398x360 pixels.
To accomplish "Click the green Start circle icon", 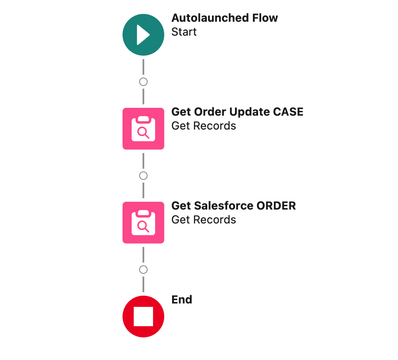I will [143, 35].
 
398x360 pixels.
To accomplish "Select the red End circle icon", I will [143, 317].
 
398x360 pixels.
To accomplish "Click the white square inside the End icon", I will [143, 317].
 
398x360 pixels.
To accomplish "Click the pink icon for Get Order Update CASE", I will [143, 129].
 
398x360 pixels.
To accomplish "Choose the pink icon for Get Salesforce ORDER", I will [143, 223].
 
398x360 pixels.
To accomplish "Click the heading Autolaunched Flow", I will [225, 18].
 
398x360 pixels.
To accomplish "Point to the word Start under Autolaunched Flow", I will [184, 32].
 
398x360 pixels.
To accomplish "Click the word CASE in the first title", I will [288, 112].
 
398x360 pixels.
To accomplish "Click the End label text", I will [182, 300].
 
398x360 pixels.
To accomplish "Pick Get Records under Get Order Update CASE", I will [204, 126].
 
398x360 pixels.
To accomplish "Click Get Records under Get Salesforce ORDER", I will [204, 220].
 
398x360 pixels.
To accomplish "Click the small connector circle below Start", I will [143, 82].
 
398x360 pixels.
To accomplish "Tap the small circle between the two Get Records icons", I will [143, 176].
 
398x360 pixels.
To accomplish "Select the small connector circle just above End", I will [143, 270].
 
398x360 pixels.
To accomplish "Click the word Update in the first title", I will [249, 112].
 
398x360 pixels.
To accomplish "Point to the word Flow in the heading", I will [265, 18].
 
